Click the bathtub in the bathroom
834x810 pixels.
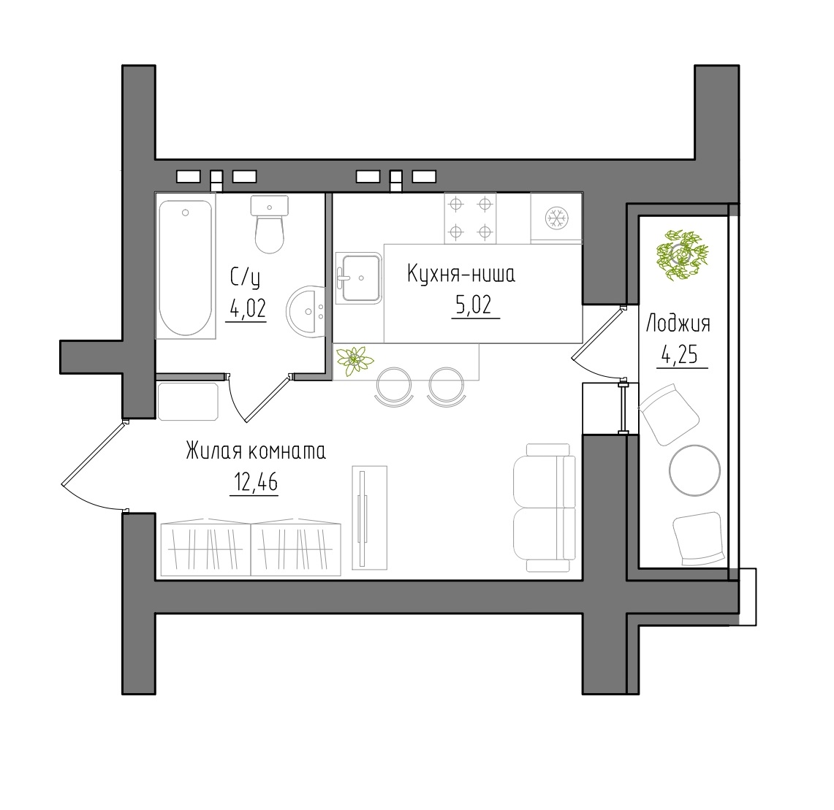186,267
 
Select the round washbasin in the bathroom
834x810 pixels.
306,311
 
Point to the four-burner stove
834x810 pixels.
470,218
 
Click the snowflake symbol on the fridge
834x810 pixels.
557,218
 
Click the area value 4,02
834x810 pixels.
247,307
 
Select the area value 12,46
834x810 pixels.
255,482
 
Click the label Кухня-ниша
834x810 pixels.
461,274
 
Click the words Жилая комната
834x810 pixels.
256,451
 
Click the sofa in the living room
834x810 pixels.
544,508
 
